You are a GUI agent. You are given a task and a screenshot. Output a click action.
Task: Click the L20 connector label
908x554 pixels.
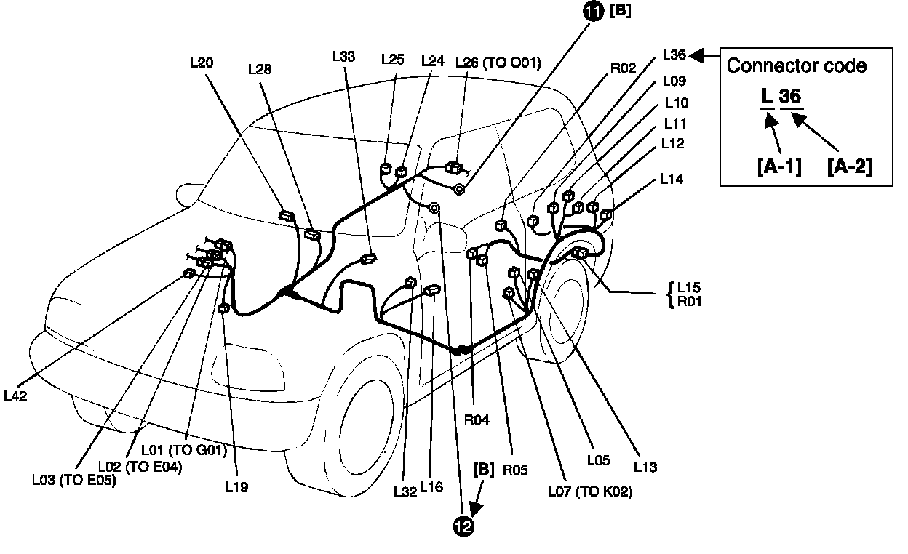click(x=201, y=63)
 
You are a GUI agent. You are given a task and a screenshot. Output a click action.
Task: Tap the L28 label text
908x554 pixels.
click(x=260, y=70)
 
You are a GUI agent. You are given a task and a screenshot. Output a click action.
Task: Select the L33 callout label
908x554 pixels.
click(x=343, y=56)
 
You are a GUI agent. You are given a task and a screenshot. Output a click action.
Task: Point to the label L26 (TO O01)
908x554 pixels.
click(x=498, y=63)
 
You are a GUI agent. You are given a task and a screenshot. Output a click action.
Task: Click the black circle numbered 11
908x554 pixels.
click(x=594, y=12)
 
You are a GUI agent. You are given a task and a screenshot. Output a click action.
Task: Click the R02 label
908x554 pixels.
click(x=623, y=68)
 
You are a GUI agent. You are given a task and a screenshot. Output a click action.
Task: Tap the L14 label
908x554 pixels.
click(x=673, y=178)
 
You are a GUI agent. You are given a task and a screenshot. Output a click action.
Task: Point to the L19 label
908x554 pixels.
click(x=236, y=488)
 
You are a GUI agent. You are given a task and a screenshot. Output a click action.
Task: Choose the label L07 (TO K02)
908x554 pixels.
click(x=589, y=492)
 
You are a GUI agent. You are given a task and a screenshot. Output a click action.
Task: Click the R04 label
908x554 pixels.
click(x=477, y=419)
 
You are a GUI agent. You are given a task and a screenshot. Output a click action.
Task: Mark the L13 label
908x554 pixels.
click(x=645, y=467)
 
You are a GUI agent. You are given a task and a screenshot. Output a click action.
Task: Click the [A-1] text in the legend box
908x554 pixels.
click(x=779, y=167)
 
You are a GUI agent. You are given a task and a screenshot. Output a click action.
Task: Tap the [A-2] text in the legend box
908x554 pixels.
click(x=849, y=167)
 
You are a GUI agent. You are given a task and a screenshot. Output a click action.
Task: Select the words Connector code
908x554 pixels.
click(x=797, y=65)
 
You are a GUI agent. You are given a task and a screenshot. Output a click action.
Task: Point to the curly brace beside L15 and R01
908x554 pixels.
click(x=670, y=294)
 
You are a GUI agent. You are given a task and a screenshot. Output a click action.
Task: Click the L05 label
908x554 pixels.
click(x=599, y=460)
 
